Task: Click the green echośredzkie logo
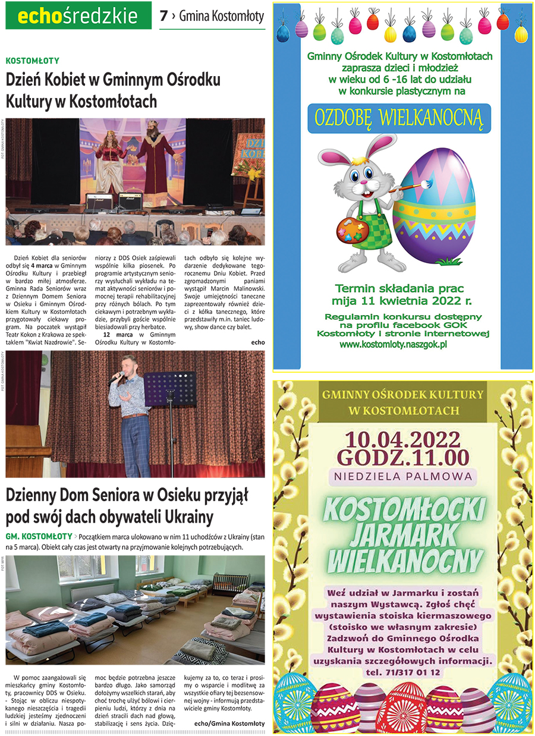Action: (x=78, y=16)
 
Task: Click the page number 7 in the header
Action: (x=163, y=17)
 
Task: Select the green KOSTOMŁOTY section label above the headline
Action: (x=32, y=60)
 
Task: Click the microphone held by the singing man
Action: (x=122, y=376)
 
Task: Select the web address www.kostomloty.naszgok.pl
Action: (x=393, y=344)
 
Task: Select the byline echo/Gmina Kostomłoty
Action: (x=229, y=722)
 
